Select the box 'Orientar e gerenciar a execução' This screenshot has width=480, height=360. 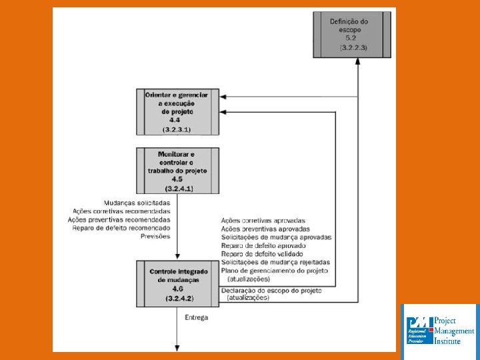point(177,111)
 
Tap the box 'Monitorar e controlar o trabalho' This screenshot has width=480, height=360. point(177,171)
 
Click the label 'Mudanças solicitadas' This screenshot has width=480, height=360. point(137,203)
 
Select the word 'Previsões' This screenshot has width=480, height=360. point(155,236)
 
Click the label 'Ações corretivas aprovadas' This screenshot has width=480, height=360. point(262,221)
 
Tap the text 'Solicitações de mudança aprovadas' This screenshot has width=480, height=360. point(276,237)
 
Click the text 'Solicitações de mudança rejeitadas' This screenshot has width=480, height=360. point(275,263)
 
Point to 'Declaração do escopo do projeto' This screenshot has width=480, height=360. point(271,291)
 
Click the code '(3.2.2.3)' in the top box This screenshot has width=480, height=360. point(357,49)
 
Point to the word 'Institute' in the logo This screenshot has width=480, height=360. point(447,341)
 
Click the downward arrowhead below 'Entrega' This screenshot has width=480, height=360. point(178,347)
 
